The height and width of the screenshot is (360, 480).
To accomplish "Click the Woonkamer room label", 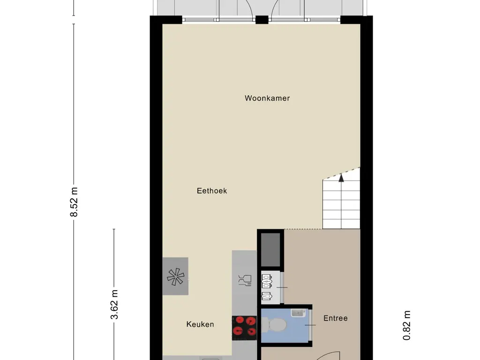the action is pyautogui.click(x=267, y=98).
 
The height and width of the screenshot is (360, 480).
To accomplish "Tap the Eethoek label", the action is pyautogui.click(x=212, y=191).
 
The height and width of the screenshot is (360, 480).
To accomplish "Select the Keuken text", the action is pyautogui.click(x=200, y=324).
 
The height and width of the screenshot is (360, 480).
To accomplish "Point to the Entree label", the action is pyautogui.click(x=336, y=318).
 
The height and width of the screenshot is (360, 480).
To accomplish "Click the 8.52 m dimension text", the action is pyautogui.click(x=74, y=202).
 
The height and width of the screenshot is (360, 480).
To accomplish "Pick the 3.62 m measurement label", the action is pyautogui.click(x=114, y=305).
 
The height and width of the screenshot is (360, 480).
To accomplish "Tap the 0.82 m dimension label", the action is pyautogui.click(x=406, y=325).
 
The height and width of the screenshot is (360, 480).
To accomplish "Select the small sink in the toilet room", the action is pyautogui.click(x=298, y=313).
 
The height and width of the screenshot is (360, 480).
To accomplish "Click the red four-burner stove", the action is pyautogui.click(x=244, y=328).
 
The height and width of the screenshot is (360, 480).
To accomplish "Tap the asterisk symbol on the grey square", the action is pyautogui.click(x=176, y=277).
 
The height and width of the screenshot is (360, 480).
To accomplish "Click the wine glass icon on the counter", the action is pyautogui.click(x=245, y=280).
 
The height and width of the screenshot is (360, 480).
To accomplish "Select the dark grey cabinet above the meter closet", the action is pyautogui.click(x=270, y=250).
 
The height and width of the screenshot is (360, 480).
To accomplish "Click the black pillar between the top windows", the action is pyautogui.click(x=262, y=20).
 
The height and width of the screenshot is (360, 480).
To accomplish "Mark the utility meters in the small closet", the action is pyautogui.click(x=267, y=287).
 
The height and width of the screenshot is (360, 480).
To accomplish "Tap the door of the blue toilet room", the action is pyautogui.click(x=310, y=325).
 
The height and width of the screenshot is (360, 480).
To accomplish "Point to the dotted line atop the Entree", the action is pyautogui.click(x=303, y=229).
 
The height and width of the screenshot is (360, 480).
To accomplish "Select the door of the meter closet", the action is pyautogui.click(x=282, y=287).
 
